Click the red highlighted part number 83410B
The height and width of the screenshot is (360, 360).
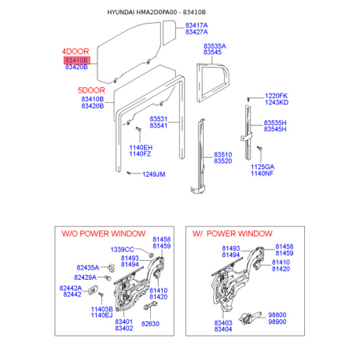[76, 61]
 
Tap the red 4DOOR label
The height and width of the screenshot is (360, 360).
[75, 51]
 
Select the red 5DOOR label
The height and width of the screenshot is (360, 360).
[91, 90]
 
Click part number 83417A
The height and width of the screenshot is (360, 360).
[197, 25]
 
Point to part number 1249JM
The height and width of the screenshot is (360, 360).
[153, 174]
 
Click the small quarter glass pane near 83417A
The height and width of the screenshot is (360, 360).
[169, 32]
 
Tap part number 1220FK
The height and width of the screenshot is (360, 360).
[276, 96]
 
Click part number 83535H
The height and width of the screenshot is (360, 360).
[275, 123]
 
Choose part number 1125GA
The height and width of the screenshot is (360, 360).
[263, 167]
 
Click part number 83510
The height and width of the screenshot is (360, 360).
[222, 155]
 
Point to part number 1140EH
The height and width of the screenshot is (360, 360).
[141, 148]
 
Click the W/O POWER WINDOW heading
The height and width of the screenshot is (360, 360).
[104, 233]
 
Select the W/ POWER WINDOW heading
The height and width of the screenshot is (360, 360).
[233, 233]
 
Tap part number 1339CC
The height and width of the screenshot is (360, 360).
[122, 249]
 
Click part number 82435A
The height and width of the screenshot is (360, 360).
[88, 267]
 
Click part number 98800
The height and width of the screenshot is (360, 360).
[277, 314]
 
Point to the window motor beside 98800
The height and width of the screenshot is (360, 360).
[250, 318]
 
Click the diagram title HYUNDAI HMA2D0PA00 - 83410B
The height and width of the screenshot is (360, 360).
[156, 13]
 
